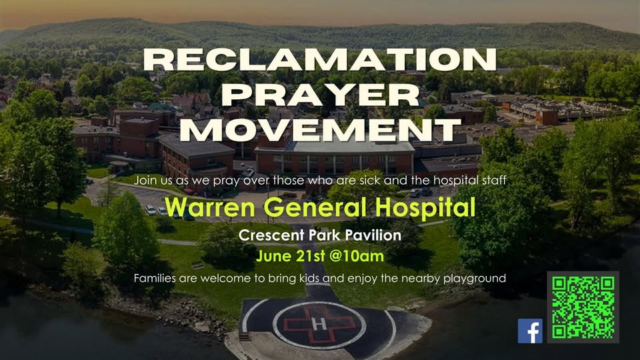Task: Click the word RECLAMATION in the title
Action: pyautogui.click(x=320, y=60)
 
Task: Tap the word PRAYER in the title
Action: pyautogui.click(x=320, y=95)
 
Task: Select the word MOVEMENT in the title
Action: pyautogui.click(x=320, y=130)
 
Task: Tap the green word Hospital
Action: pyautogui.click(x=425, y=208)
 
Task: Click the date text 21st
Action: pyautogui.click(x=311, y=256)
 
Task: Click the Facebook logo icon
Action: pyautogui.click(x=530, y=331)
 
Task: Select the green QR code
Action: pyautogui.click(x=583, y=307)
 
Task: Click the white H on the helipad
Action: pyautogui.click(x=319, y=324)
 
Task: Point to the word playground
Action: pyautogui.click(x=474, y=279)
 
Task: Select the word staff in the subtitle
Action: pyautogui.click(x=495, y=180)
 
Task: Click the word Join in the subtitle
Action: pyautogui.click(x=144, y=180)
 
